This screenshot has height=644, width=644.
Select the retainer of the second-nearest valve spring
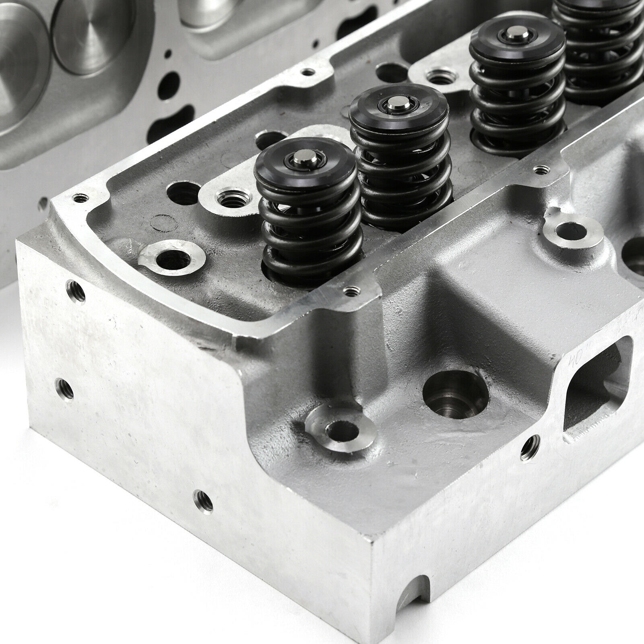tap(398, 111)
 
